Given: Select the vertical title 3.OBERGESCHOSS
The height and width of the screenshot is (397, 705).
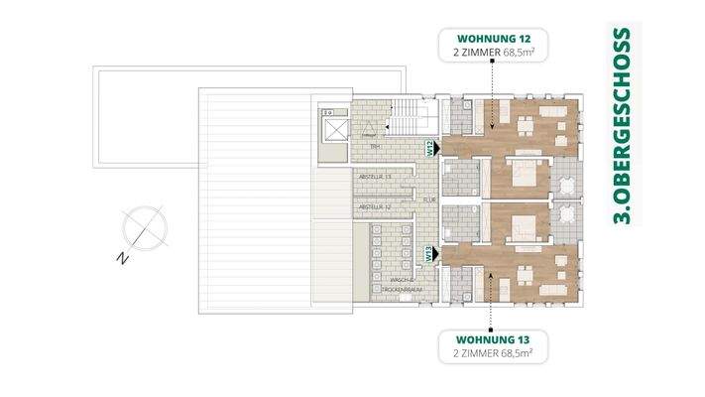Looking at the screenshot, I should click(623, 126).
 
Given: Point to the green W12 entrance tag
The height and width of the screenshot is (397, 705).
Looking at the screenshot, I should click(430, 150).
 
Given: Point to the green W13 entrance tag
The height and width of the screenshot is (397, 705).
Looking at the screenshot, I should click(430, 254).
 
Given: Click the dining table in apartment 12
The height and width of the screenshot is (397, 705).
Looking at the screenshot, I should click(525, 125).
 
